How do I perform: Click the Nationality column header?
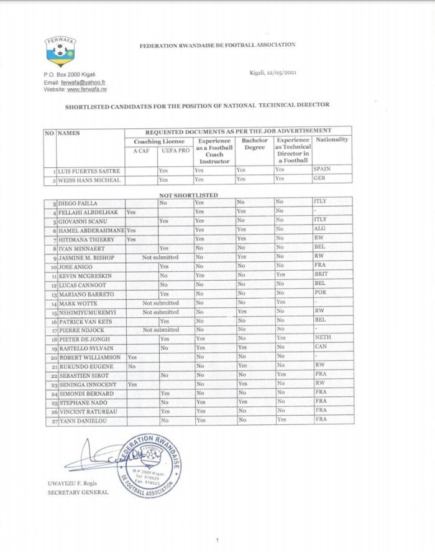click(332, 140)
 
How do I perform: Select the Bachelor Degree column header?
click(254, 144)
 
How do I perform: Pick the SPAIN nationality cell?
click(324, 169)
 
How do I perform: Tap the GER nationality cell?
click(321, 179)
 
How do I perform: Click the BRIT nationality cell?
click(322, 274)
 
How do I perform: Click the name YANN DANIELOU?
click(83, 420)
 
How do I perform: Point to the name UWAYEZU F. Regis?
click(75, 483)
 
